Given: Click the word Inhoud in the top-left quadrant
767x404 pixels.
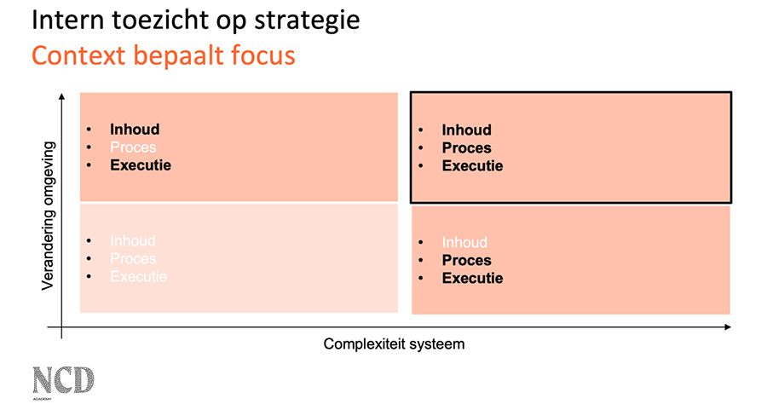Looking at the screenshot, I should click(135, 130).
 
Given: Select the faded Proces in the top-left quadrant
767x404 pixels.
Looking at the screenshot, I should click(133, 147).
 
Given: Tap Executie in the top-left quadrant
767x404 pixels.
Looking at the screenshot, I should click(140, 165).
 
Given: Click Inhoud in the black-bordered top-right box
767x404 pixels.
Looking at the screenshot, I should click(466, 130).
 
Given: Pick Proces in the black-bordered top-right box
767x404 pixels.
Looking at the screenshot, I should click(466, 148).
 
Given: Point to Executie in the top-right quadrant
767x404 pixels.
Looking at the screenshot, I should click(472, 166).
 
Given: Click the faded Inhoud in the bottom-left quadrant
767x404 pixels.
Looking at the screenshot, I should click(133, 241).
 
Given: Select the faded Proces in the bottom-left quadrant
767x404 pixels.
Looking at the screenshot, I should click(133, 259).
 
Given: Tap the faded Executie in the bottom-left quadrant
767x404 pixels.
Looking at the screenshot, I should click(138, 277).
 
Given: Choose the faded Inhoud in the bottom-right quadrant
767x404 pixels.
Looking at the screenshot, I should click(464, 243).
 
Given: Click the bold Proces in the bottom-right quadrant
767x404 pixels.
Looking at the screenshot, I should click(466, 261).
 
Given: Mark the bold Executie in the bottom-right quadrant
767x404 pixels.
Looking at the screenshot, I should click(472, 279).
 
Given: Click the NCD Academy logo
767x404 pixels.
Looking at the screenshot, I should click(63, 380).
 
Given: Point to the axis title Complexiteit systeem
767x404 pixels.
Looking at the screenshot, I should click(394, 344).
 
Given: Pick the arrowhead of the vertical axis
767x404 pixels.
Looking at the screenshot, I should click(63, 99).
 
